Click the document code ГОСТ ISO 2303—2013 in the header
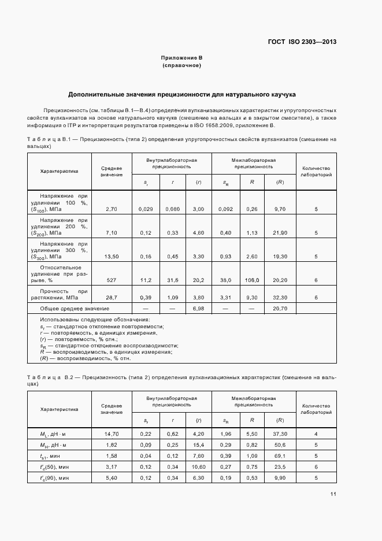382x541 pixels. coord(302,42)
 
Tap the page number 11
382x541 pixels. coord(333,494)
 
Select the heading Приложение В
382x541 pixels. coord(181,58)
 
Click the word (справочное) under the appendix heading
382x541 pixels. coord(181,65)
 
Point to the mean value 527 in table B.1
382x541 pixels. coord(112,280)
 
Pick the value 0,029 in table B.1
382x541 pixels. coord(146,209)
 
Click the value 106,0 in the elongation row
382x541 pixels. coord(252,280)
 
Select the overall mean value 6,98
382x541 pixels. coord(198,309)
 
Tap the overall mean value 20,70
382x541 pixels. coord(280,309)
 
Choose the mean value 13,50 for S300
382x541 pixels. coord(112,256)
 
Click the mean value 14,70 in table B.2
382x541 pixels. coord(112,434)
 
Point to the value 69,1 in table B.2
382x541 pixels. coord(280,456)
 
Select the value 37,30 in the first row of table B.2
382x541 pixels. coord(280,434)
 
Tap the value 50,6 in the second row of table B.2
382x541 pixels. coord(280,445)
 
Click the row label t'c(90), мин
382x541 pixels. coord(55,478)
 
